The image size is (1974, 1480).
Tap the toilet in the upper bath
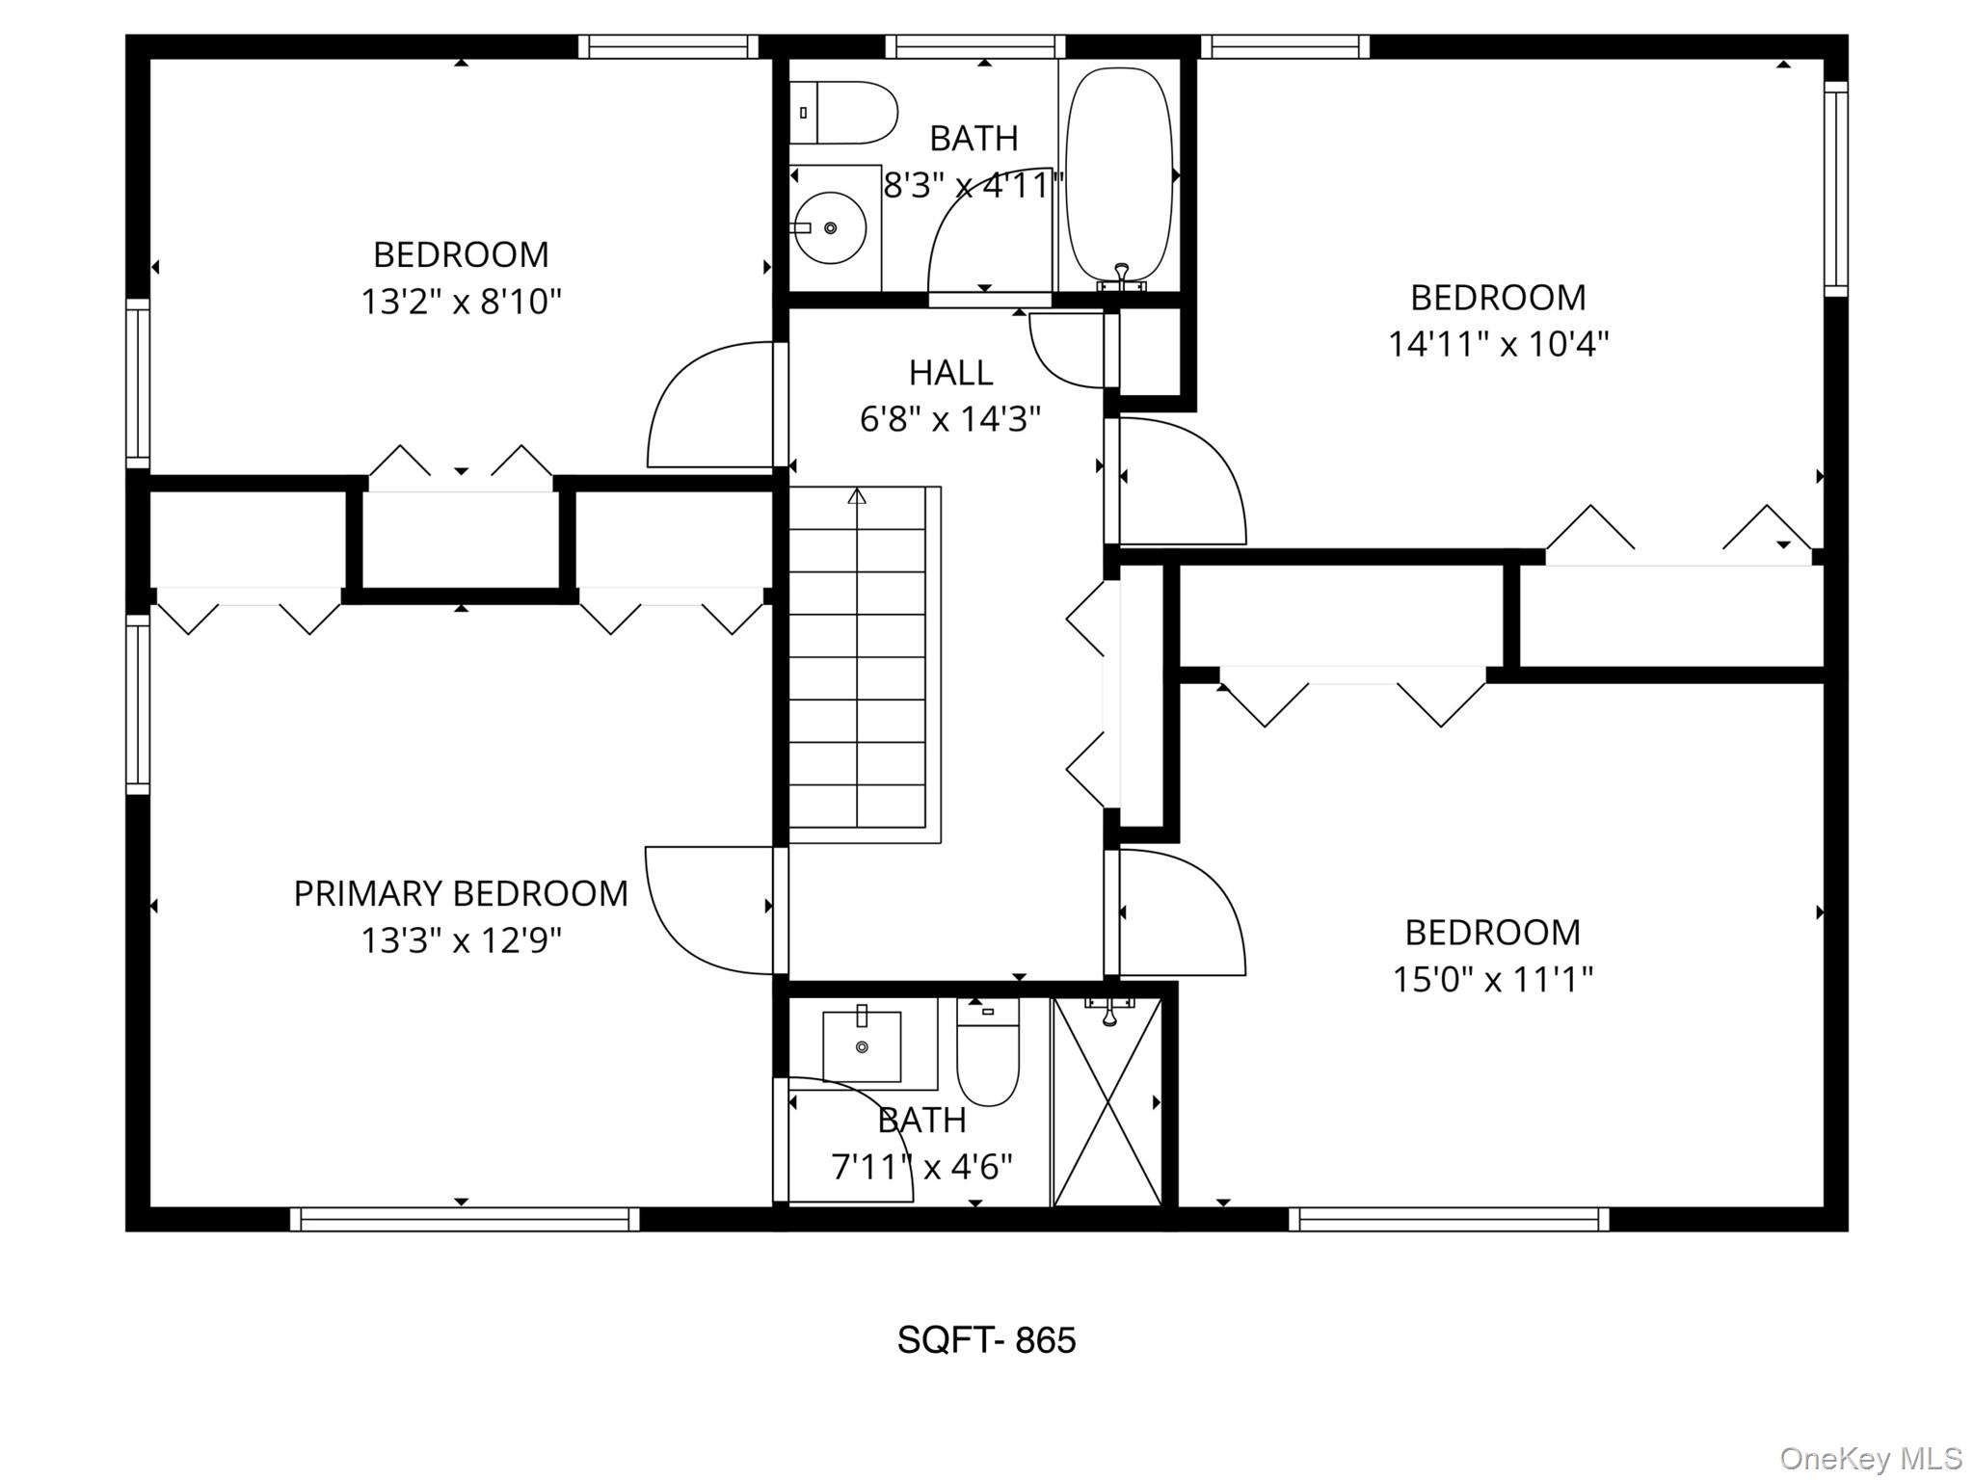pos(846,113)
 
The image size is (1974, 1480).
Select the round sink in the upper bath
pos(831,228)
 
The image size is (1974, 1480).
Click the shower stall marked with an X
pos(1107,1103)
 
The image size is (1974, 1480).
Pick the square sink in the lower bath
pos(862,1046)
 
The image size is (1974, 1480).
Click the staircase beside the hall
pos(858,665)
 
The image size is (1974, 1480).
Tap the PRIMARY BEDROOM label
pos(461,894)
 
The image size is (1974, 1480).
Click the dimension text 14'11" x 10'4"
pos(1498,344)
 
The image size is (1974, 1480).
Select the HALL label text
pos(950,373)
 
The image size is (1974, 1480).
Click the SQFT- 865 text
pos(986,1340)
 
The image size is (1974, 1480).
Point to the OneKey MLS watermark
pos(1871,1458)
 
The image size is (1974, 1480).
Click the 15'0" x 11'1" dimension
pos(1492,980)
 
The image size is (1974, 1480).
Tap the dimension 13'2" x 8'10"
pos(461,302)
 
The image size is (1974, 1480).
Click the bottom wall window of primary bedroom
pos(465,1220)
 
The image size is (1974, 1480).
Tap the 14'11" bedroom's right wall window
pos(1835,188)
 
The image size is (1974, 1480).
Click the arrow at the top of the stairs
pos(857,495)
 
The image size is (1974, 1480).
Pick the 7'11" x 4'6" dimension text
pos(921,1168)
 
